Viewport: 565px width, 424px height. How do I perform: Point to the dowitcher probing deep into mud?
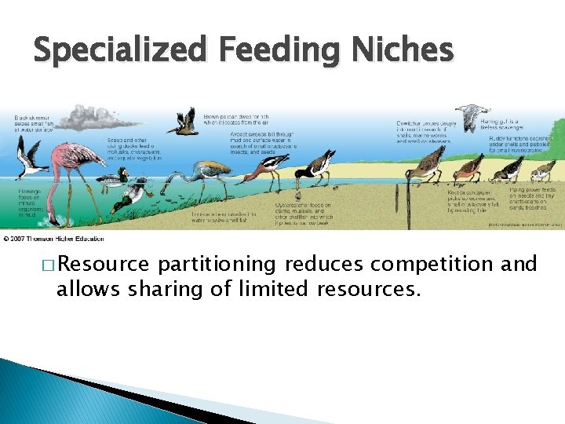(x=430, y=163)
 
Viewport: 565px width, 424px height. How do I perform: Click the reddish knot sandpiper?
(x=470, y=166)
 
